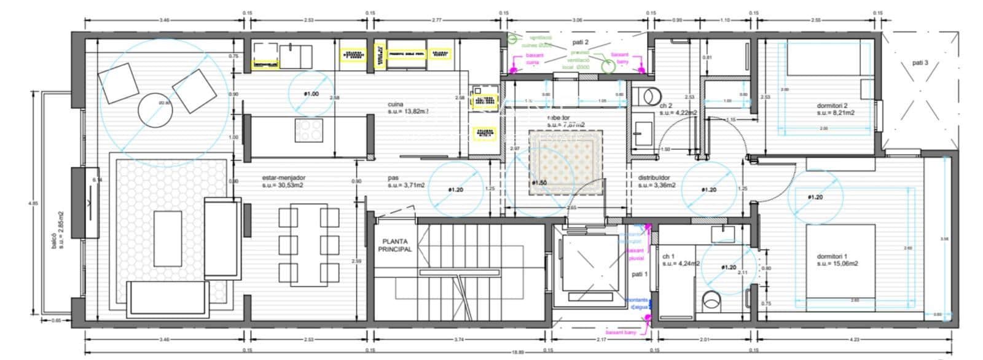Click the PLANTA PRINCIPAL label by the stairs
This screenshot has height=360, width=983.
[396, 246]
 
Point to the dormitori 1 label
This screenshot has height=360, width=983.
[836, 259]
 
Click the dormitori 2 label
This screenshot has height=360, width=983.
[836, 109]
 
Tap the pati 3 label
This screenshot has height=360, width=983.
[920, 63]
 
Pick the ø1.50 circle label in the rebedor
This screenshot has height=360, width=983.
[539, 183]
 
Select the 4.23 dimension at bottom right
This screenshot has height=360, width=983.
[855, 339]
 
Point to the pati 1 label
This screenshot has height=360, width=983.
[640, 274]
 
